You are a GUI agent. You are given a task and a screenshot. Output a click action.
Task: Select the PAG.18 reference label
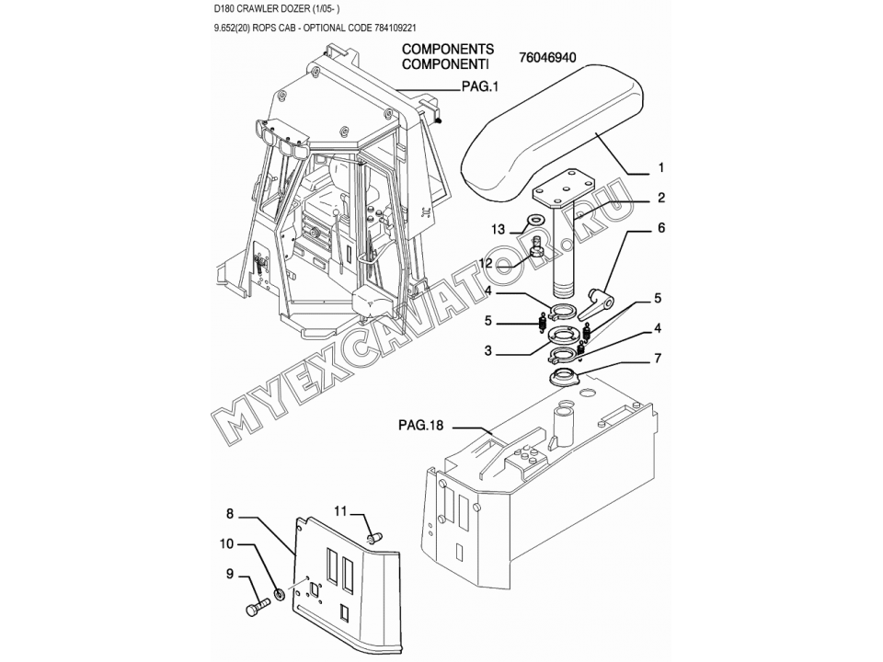[420, 425]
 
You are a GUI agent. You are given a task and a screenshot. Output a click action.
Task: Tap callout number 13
[499, 227]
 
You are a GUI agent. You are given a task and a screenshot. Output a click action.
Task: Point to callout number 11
[340, 510]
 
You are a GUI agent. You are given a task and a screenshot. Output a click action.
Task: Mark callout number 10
[226, 543]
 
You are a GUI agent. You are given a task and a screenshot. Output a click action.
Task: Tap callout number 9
[231, 575]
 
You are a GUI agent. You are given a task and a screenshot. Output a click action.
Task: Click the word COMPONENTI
[446, 65]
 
